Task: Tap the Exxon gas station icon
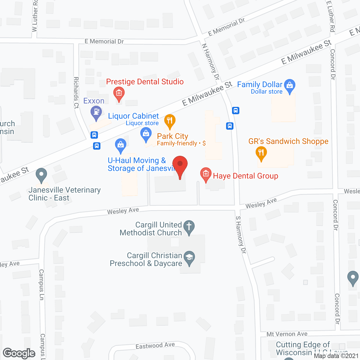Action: click(96, 112)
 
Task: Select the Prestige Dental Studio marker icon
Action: click(119, 94)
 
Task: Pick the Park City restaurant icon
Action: click(170, 121)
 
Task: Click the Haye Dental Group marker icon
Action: click(206, 174)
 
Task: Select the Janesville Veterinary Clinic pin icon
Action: click(42, 175)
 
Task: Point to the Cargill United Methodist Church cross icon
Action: click(189, 227)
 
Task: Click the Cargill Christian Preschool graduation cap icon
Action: click(189, 257)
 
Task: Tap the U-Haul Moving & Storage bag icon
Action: click(121, 145)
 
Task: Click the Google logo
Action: click(19, 353)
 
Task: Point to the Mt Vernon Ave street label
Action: click(287, 334)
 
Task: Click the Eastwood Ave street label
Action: click(155, 346)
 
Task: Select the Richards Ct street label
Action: click(76, 93)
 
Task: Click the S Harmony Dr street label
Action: click(241, 235)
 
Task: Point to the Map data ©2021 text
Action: click(336, 356)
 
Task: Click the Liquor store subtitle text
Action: click(142, 123)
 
